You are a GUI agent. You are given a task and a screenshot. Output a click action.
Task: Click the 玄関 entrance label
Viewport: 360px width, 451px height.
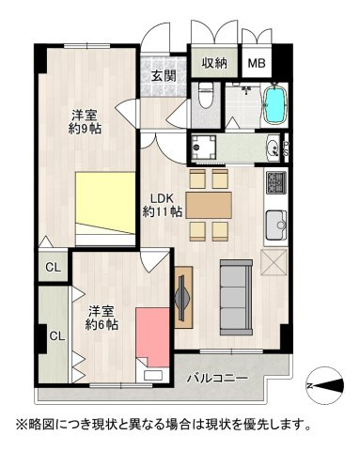click(164, 77)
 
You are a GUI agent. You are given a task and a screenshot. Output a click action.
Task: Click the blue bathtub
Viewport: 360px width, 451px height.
click(274, 104)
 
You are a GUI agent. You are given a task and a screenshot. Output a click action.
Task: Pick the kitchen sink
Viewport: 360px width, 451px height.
click(276, 225)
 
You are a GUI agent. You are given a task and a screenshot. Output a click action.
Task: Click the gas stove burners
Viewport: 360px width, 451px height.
click(276, 180)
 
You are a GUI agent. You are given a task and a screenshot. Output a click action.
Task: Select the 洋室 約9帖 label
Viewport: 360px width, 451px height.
click(85, 123)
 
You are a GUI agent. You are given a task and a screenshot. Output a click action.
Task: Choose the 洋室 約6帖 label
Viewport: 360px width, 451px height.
click(102, 318)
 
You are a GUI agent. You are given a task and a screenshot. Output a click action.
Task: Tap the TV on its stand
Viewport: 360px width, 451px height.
click(182, 299)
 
